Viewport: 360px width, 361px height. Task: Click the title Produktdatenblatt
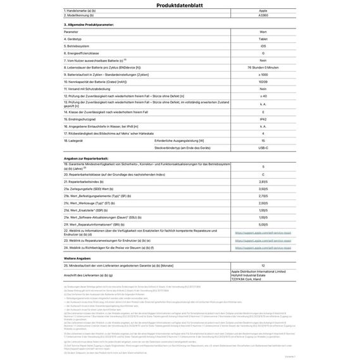pos(180,4)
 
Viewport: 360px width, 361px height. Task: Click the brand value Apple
pos(263,11)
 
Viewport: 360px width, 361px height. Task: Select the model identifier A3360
pos(263,17)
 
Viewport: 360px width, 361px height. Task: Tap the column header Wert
pos(263,31)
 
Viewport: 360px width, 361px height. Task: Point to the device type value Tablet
pos(263,39)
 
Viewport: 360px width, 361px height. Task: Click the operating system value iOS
pos(263,46)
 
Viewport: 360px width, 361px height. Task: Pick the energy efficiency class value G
pos(263,53)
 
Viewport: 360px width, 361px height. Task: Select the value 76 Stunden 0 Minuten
pos(263,67)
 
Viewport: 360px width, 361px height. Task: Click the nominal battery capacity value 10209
pos(263,82)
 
